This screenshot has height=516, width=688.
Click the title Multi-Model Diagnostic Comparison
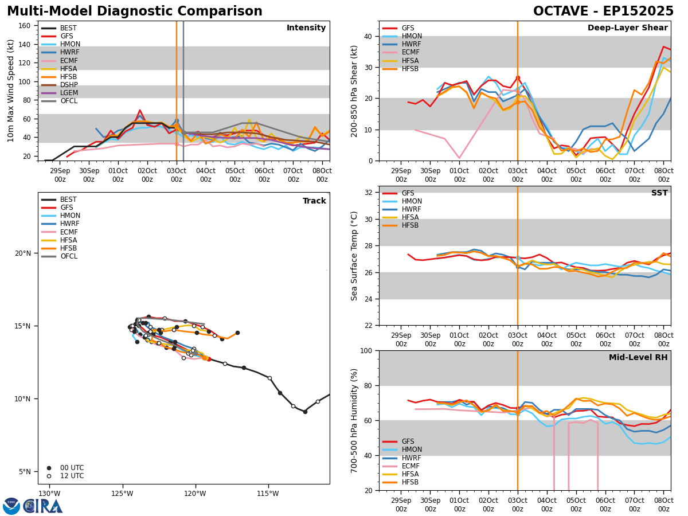pos(135,11)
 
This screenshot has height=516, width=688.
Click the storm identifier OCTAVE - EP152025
pos(603,11)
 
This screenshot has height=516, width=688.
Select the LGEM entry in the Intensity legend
pos(69,93)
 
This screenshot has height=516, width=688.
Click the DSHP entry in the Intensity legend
pos(69,85)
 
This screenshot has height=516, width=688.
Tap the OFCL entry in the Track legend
pos(69,256)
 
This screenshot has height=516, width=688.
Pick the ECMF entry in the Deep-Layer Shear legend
pos(409,53)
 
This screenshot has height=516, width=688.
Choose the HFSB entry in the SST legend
pos(409,225)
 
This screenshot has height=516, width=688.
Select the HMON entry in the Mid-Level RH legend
pos(411,450)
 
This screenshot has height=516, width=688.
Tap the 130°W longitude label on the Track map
pos(49,494)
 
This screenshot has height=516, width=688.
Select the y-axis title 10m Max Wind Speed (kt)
pos(10,91)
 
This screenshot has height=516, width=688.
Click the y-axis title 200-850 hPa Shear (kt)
pos(354,91)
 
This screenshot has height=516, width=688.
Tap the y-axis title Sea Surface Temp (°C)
pos(354,256)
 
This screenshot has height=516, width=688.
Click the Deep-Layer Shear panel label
pos(627,28)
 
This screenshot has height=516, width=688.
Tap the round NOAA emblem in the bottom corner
pos(11,506)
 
